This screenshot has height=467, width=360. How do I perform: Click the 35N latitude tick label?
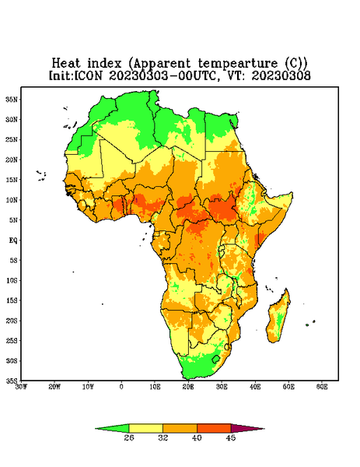coord(12,99)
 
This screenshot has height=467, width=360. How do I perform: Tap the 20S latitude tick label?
coord(12,321)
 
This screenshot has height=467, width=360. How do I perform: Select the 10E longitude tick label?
coord(155,387)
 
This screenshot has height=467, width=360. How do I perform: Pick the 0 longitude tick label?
coord(121,387)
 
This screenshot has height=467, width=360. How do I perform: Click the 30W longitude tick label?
coord(21,387)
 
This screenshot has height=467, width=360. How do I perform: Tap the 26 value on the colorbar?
coord(129,437)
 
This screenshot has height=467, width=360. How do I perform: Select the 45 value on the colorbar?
coord(231,437)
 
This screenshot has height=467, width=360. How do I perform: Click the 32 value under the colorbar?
coord(163,437)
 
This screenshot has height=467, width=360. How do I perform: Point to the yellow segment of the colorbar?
coord(145,428)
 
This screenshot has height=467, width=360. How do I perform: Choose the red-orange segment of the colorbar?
coord(214,428)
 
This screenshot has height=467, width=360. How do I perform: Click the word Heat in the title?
coord(66,63)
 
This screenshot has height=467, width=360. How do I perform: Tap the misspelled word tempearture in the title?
coord(238,64)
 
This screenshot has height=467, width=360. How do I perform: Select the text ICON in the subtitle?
coord(88,75)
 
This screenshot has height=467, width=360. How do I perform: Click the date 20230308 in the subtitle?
coord(281,75)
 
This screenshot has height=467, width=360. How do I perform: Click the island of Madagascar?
coord(278,318)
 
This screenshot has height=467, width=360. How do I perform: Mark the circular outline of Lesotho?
coord(215,359)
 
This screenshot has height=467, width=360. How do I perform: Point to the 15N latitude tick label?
coord(12,180)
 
